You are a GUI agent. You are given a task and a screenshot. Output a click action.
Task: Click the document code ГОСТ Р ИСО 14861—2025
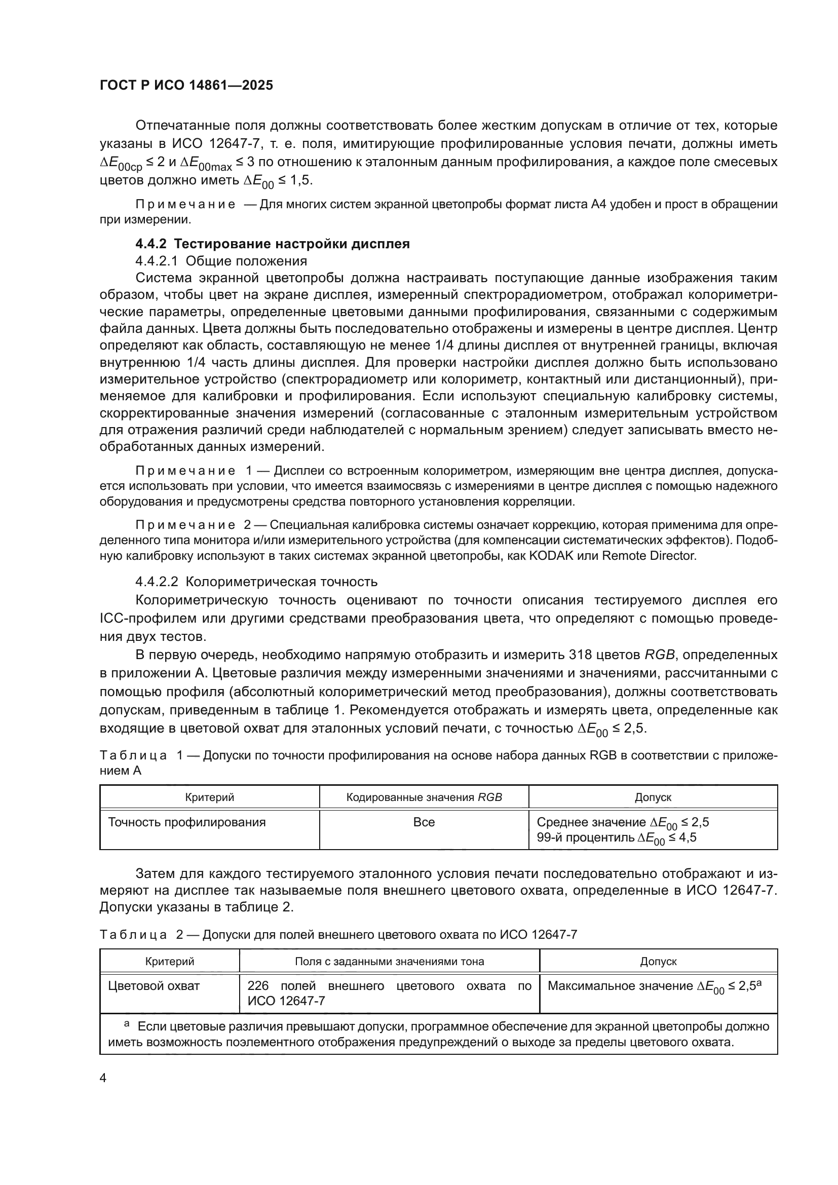point(186,86)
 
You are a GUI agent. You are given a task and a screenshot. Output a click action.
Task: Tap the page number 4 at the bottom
point(103,1078)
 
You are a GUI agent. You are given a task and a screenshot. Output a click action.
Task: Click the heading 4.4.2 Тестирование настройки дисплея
point(273,244)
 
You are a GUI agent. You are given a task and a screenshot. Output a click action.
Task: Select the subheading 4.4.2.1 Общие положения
point(221,260)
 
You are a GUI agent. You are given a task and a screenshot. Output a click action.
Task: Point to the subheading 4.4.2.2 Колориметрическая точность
point(256,582)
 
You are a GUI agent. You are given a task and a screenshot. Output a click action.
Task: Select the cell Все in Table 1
point(424,822)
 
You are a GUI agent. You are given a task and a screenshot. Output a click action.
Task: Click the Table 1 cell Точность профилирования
point(187,822)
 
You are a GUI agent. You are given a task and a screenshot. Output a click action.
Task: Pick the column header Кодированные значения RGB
point(424,797)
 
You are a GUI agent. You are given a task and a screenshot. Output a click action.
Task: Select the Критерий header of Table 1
point(210,797)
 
